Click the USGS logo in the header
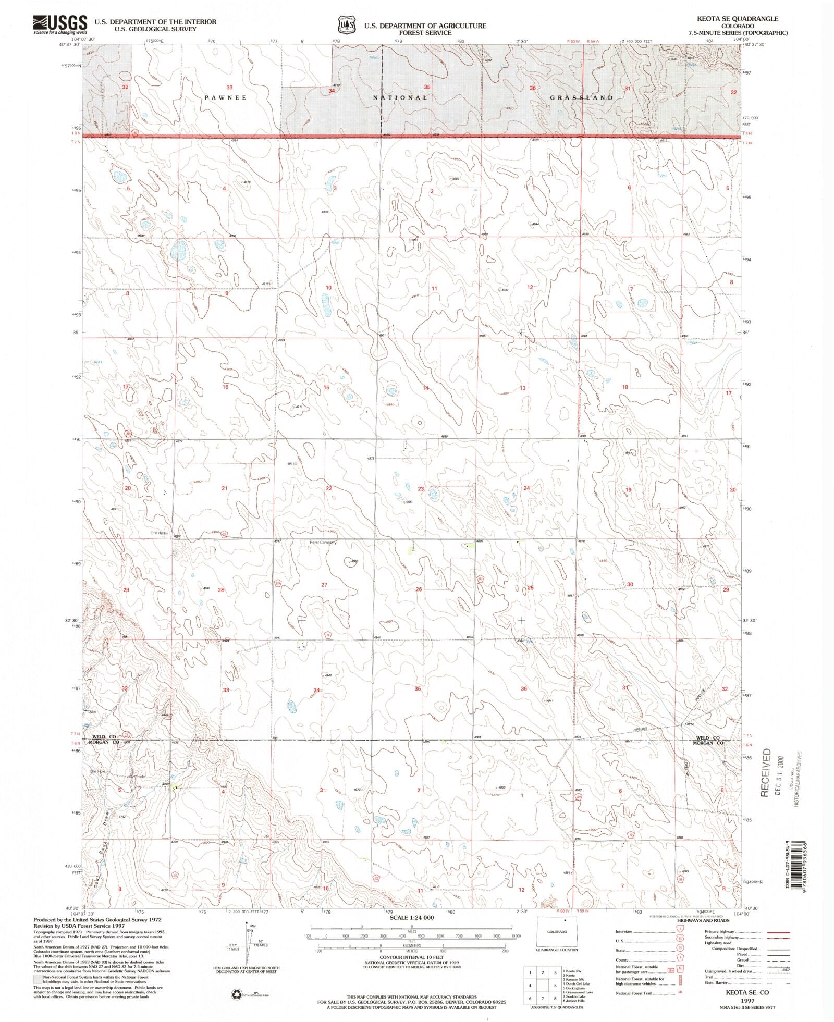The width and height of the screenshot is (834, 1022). (x=60, y=23)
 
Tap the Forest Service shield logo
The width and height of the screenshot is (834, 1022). (x=346, y=24)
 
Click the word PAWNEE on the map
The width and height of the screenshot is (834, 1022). (x=225, y=97)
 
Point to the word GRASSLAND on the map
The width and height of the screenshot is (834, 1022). (x=581, y=97)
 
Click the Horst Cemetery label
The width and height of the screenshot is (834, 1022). (x=323, y=543)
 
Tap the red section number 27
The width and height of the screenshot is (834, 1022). (x=324, y=585)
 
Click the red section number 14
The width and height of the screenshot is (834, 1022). (x=425, y=388)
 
